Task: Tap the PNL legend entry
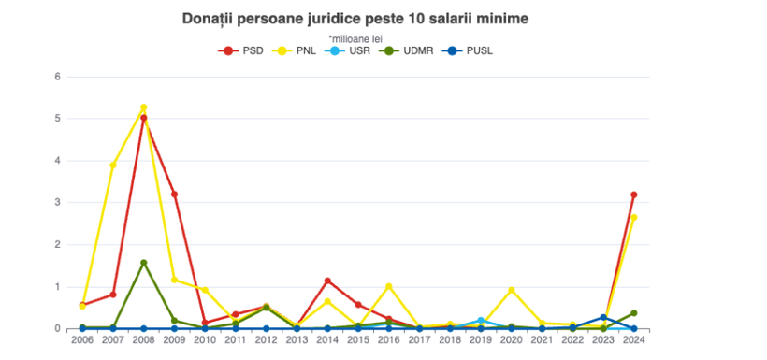(x=297, y=50)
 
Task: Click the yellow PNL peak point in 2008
(x=143, y=108)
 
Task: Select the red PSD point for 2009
(x=174, y=194)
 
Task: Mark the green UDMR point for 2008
(x=143, y=263)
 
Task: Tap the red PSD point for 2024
(x=634, y=194)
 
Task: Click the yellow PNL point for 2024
(x=634, y=217)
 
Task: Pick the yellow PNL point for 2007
(x=112, y=165)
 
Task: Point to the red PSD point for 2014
(x=327, y=281)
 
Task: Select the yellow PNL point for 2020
(x=512, y=290)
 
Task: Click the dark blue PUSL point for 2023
(x=603, y=318)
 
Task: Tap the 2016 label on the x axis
(x=389, y=341)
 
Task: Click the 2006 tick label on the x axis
(x=82, y=341)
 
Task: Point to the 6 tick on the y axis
(x=57, y=77)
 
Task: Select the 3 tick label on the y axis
(x=57, y=203)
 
